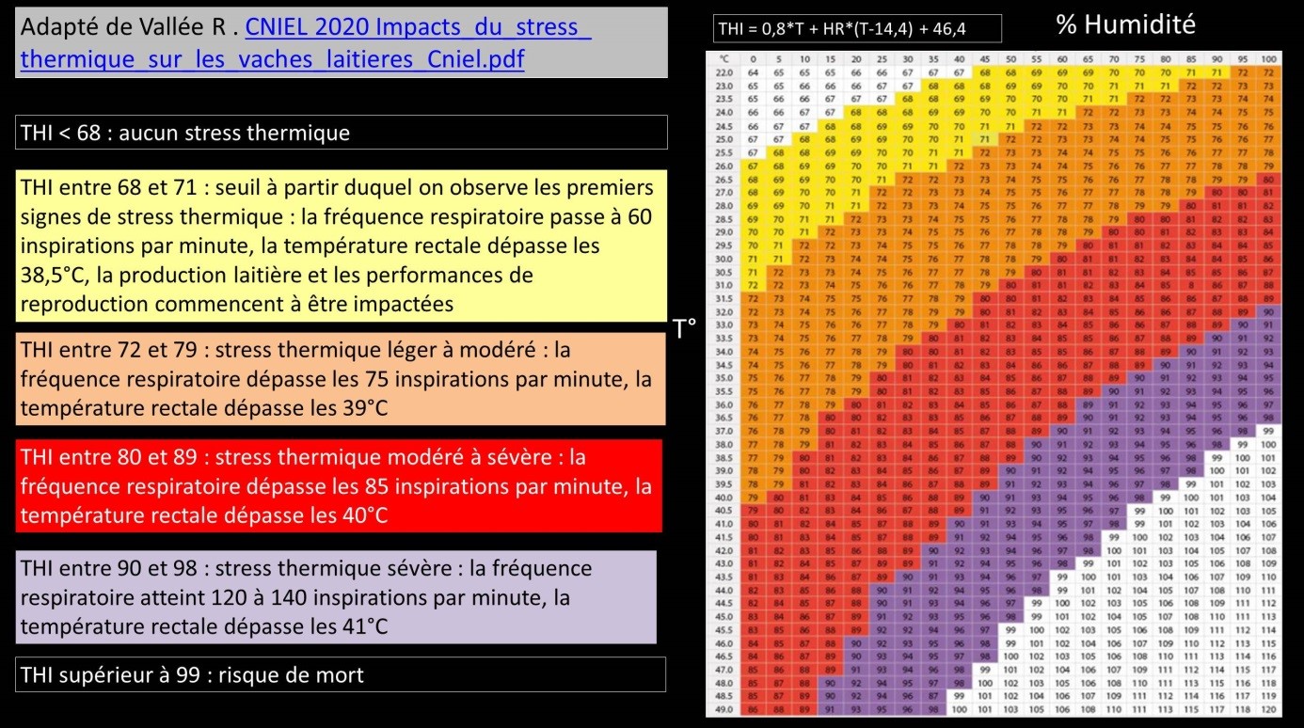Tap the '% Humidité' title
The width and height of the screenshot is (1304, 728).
click(1125, 24)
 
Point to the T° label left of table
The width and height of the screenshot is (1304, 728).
click(685, 328)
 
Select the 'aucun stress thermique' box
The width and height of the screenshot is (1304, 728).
click(342, 133)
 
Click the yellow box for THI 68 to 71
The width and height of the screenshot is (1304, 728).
click(342, 245)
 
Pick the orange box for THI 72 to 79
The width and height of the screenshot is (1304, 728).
click(342, 379)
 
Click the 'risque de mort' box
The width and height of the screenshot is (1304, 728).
click(341, 674)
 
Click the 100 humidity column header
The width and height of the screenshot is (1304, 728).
click(1268, 59)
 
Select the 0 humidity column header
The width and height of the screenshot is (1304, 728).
click(753, 59)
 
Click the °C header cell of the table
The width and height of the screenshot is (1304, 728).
click(724, 59)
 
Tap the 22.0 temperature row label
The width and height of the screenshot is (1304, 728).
click(724, 72)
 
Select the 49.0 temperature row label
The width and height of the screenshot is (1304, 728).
click(724, 709)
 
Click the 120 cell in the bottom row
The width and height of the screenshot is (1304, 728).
click(1268, 709)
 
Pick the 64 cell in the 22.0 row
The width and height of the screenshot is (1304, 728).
click(753, 72)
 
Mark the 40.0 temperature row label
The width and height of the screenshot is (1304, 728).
click(724, 497)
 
